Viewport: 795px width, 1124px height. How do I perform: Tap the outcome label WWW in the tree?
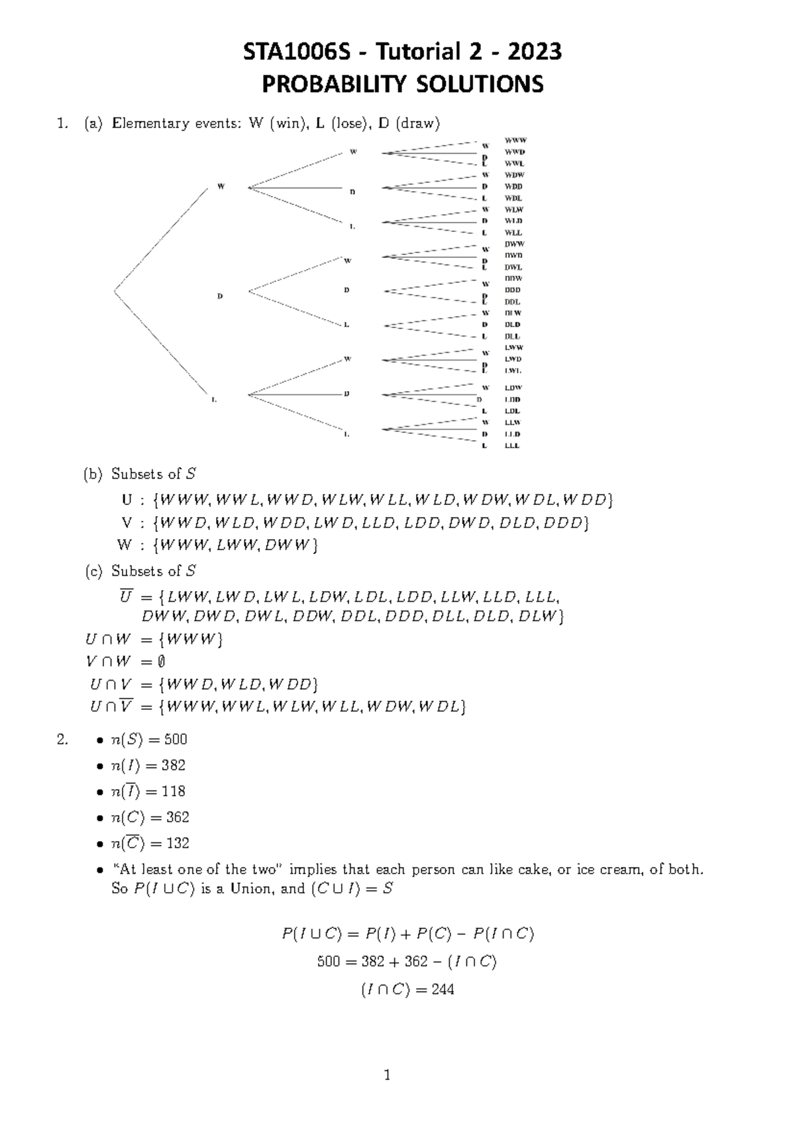pyautogui.click(x=515, y=140)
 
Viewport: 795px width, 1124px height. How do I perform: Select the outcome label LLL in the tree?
pyautogui.click(x=512, y=446)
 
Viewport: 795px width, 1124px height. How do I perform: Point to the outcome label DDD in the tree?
pyautogui.click(x=513, y=290)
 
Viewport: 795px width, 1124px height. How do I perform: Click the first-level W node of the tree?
pyautogui.click(x=221, y=186)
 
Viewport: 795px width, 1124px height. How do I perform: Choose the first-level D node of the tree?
pyautogui.click(x=220, y=296)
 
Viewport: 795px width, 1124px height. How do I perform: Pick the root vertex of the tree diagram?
pyautogui.click(x=115, y=290)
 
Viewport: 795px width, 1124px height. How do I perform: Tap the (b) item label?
pyautogui.click(x=93, y=475)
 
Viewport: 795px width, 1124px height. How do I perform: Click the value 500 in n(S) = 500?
pyautogui.click(x=176, y=740)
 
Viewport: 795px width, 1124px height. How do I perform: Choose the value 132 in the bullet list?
pyautogui.click(x=177, y=844)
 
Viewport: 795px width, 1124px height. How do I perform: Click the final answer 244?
pyautogui.click(x=442, y=990)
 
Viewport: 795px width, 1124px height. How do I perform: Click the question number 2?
pyautogui.click(x=62, y=740)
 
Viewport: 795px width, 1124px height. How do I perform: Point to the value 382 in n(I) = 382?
pyautogui.click(x=174, y=765)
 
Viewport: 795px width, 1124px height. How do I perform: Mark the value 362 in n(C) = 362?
pyautogui.click(x=177, y=817)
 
